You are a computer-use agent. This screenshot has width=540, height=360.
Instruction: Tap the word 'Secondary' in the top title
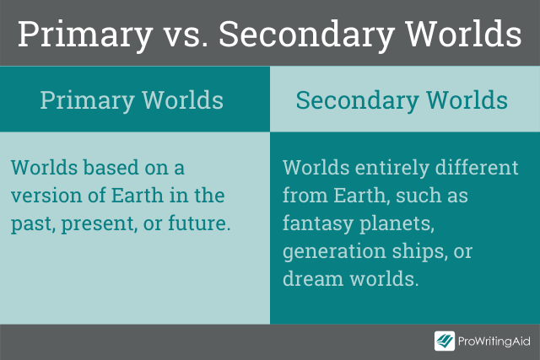pyautogui.click(x=306, y=35)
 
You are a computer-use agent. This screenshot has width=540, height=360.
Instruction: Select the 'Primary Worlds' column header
pyautogui.click(x=132, y=100)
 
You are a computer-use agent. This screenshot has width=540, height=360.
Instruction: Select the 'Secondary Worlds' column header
pyautogui.click(x=402, y=100)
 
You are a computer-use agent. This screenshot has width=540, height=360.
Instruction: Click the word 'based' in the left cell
pyautogui.click(x=111, y=168)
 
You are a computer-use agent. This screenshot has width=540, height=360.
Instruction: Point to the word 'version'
pyautogui.click(x=46, y=196)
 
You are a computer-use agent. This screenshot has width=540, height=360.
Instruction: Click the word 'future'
pyautogui.click(x=197, y=223)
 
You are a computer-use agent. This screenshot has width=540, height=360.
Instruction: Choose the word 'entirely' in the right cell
pyautogui.click(x=391, y=169)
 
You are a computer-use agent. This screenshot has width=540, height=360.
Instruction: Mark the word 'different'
pyautogui.click(x=477, y=168)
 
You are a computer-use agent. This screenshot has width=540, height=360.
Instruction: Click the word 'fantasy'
pyautogui.click(x=318, y=224)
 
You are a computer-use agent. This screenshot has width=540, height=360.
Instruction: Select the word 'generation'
pyautogui.click(x=334, y=252)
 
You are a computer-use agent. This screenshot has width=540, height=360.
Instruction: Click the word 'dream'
pyautogui.click(x=313, y=279)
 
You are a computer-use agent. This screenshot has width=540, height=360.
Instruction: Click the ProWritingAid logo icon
pyautogui.click(x=445, y=341)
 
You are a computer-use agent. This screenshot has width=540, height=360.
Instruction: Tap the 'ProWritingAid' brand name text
pyautogui.click(x=494, y=341)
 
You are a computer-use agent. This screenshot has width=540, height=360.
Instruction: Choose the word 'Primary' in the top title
pyautogui.click(x=85, y=35)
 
